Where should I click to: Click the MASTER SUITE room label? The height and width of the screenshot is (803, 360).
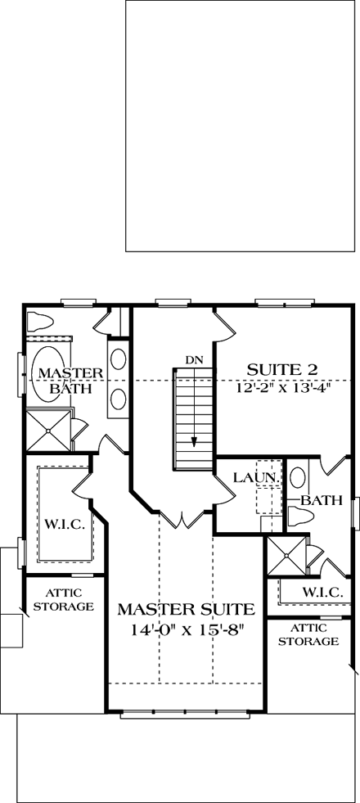186,609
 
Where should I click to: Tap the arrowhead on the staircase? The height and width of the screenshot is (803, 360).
194,441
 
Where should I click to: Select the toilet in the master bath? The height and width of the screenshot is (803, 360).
41,318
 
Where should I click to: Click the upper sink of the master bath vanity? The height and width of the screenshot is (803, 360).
117,361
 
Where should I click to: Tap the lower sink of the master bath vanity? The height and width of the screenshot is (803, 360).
117,399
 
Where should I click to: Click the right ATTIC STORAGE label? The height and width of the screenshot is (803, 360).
308,634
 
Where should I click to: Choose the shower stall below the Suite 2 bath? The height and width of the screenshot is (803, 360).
285,557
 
